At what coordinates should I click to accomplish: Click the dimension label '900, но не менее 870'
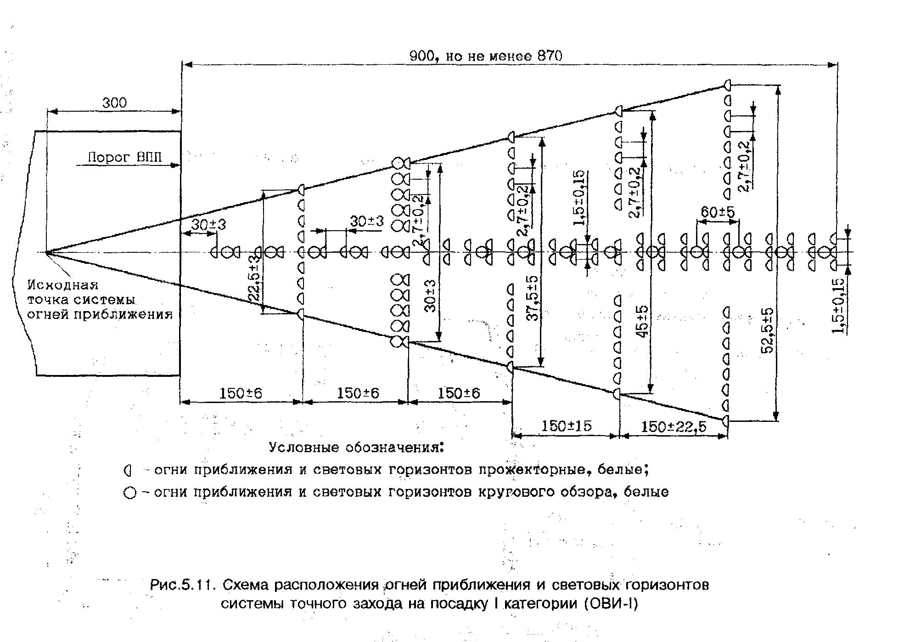pyautogui.click(x=485, y=56)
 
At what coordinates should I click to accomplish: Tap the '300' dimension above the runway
pyautogui.click(x=114, y=102)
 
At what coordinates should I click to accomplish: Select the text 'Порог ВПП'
pyautogui.click(x=124, y=157)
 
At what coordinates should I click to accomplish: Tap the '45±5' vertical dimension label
pyautogui.click(x=643, y=322)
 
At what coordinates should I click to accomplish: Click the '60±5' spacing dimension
pyautogui.click(x=718, y=212)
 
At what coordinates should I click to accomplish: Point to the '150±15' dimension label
pyautogui.click(x=566, y=426)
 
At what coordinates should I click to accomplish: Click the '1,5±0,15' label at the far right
pyautogui.click(x=839, y=306)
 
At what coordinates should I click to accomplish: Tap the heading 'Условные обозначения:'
pyautogui.click(x=357, y=448)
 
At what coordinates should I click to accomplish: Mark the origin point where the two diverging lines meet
pyautogui.click(x=47, y=252)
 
